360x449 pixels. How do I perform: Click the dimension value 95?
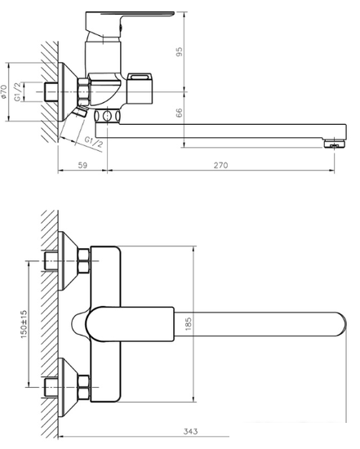click(x=180, y=51)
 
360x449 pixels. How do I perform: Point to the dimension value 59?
click(x=82, y=166)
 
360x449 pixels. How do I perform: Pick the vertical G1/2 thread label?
click(x=29, y=89)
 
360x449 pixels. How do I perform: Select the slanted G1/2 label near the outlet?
click(x=93, y=143)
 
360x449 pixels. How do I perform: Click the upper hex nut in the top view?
click(x=83, y=264)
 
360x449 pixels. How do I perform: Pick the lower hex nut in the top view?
click(x=83, y=381)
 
